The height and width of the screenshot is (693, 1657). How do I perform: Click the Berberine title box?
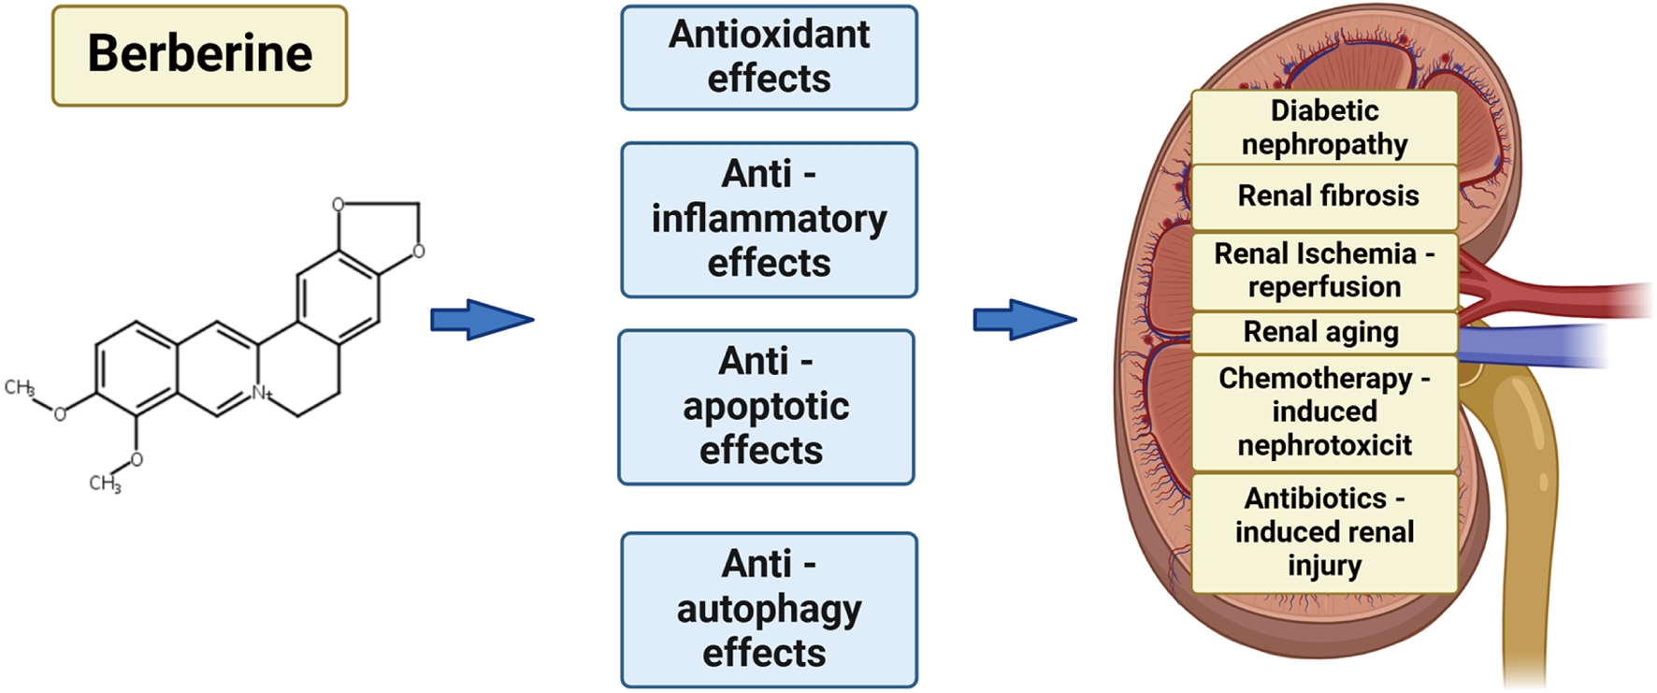click(199, 55)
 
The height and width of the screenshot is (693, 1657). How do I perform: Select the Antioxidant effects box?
click(769, 58)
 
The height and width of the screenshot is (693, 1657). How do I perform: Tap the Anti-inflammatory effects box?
click(769, 220)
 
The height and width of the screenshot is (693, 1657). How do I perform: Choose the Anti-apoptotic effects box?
click(766, 407)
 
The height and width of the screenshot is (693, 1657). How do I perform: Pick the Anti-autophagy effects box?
click(769, 610)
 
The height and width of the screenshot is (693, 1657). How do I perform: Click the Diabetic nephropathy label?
click(1324, 127)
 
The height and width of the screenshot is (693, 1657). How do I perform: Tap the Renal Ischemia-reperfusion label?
click(1324, 270)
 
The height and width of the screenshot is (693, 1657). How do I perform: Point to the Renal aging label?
click(1320, 332)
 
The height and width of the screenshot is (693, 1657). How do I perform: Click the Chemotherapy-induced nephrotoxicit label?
click(1324, 412)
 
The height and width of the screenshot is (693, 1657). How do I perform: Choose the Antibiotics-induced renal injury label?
click(1324, 532)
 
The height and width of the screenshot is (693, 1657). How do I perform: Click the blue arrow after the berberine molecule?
click(481, 320)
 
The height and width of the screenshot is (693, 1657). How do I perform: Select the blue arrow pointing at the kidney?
click(1024, 320)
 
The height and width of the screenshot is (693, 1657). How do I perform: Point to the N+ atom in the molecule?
click(261, 394)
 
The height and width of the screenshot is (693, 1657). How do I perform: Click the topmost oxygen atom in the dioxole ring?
click(338, 204)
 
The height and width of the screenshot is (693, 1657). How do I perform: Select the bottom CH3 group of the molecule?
click(105, 484)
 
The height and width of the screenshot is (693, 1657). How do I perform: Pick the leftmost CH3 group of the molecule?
click(19, 387)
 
